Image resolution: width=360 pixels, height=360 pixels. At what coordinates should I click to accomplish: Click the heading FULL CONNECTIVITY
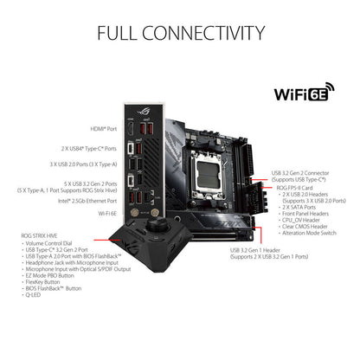pos(180,33)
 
